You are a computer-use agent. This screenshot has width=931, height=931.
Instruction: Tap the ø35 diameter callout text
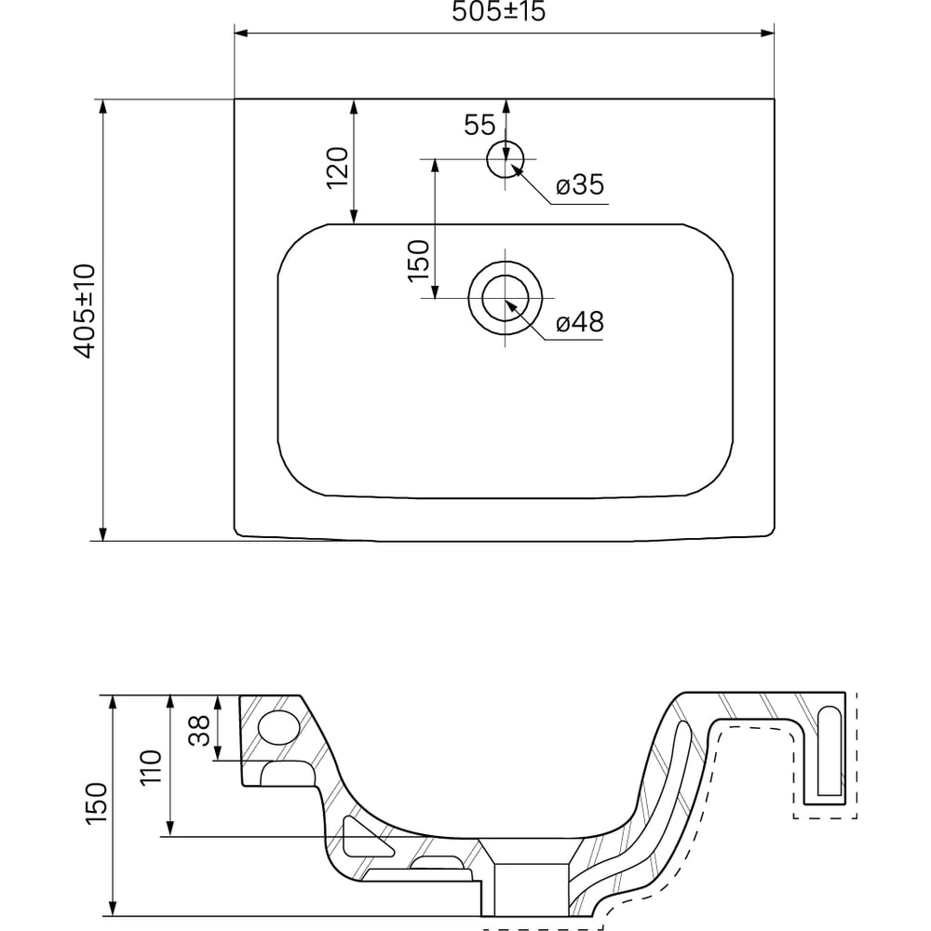580,184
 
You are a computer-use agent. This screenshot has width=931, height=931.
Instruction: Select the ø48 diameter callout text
580,322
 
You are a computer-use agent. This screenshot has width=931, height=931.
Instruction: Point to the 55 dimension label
479,125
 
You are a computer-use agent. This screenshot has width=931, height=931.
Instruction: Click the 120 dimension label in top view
337,168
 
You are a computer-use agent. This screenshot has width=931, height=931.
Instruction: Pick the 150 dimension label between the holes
418,261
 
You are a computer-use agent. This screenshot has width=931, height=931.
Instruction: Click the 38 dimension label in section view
199,730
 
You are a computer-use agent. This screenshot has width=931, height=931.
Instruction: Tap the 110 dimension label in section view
151,768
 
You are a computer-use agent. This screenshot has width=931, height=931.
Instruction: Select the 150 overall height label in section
96,803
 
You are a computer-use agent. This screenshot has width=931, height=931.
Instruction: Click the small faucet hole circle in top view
506,159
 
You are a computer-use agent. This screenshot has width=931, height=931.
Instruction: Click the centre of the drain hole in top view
506,298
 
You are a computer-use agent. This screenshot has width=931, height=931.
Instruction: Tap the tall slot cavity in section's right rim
830,751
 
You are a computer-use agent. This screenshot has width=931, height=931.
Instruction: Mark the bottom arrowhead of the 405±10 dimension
102,533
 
